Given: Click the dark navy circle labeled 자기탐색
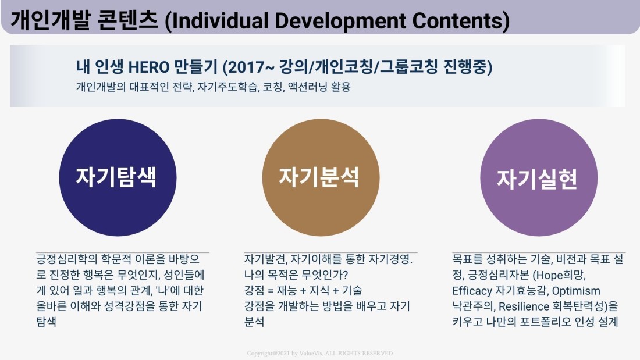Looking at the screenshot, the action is [118, 177].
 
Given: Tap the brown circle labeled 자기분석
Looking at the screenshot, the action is [321, 177].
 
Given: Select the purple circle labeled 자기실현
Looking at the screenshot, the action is [539, 177].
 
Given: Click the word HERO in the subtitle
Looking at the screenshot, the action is [149, 67].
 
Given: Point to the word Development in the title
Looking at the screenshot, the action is [340, 21].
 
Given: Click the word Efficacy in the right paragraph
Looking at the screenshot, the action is [472, 291].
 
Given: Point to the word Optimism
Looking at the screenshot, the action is [576, 291].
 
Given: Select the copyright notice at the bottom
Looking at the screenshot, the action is [320, 354].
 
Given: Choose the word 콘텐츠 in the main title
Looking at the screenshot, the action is [128, 20].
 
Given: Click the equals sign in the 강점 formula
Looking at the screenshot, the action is [270, 291].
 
